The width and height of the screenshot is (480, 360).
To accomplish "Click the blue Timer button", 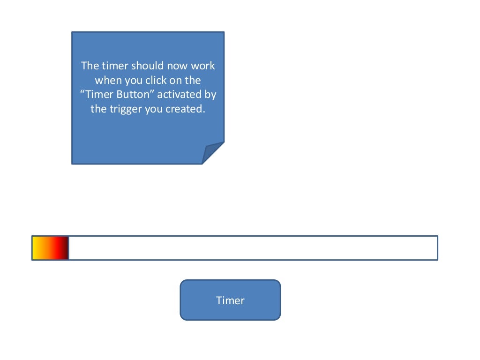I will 230,300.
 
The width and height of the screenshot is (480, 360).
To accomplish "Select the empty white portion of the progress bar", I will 253,248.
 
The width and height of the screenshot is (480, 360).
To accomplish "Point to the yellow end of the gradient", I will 35,248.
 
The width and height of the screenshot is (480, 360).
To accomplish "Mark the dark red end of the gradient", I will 65,248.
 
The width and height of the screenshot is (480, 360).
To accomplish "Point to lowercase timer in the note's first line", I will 115,66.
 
